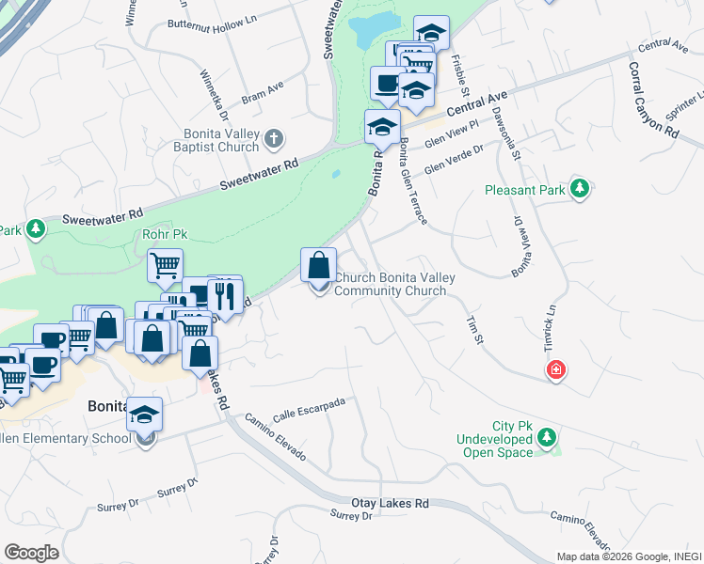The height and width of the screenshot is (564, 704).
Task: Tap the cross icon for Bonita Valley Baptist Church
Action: click(274, 140)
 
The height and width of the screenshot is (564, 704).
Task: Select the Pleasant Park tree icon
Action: click(580, 189)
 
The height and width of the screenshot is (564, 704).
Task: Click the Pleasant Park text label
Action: click(525, 190)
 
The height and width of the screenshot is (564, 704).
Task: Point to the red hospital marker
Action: click(557, 370)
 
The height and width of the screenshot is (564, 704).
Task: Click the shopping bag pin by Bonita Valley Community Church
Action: click(319, 266)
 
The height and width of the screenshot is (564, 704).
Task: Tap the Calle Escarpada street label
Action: click(309, 410)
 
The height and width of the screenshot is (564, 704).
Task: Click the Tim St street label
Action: click(474, 329)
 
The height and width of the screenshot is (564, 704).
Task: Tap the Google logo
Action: click(32, 553)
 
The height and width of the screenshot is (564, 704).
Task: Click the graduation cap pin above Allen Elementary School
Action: click(145, 415)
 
